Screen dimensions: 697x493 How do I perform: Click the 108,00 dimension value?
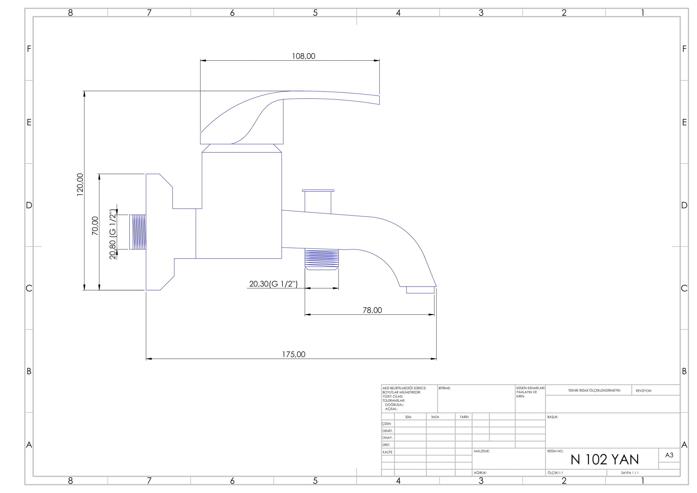tap(303, 56)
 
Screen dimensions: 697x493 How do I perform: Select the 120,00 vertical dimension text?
tap(80, 184)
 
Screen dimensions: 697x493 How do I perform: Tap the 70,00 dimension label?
tap(95, 226)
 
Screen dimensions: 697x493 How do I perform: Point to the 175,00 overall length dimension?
tap(294, 354)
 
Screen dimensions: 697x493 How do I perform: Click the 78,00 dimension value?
tap(372, 310)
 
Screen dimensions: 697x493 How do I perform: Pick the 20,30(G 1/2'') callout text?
tap(273, 284)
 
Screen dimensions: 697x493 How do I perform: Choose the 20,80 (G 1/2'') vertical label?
tap(113, 234)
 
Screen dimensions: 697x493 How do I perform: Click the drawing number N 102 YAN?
tap(605, 459)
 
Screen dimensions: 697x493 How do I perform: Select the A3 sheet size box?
tap(669, 455)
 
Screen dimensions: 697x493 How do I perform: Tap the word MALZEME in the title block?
tap(481, 451)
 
